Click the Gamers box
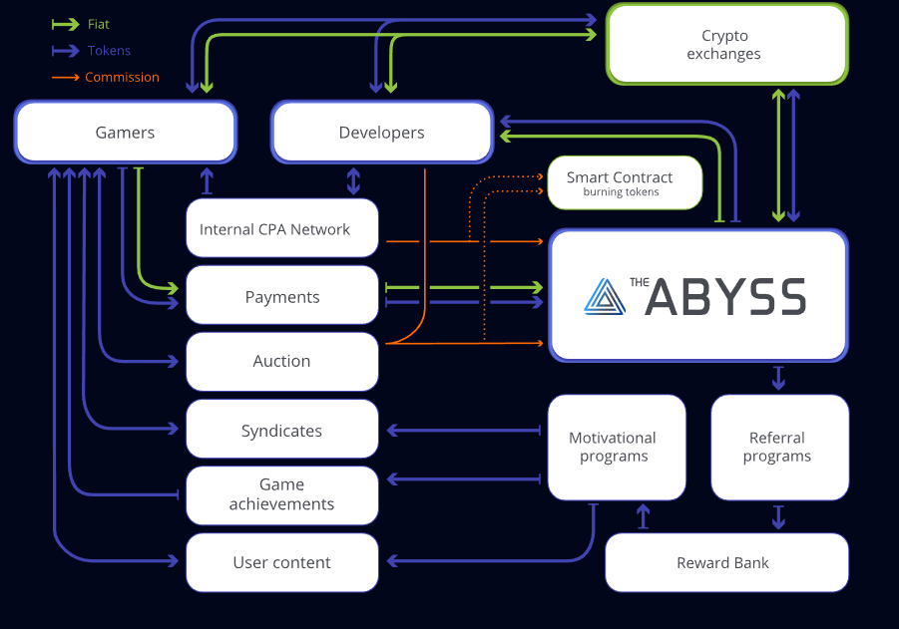click(x=125, y=133)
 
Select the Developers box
click(x=381, y=133)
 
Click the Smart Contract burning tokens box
click(x=625, y=182)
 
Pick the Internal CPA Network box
click(x=282, y=229)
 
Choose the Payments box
click(x=282, y=296)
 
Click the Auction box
click(x=282, y=361)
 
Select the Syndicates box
click(x=282, y=431)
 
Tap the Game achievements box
click(x=282, y=494)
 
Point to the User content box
click(x=282, y=562)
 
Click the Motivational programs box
click(x=613, y=447)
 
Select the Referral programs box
click(x=777, y=447)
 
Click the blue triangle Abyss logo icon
click(x=603, y=296)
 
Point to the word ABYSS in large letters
click(x=725, y=297)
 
